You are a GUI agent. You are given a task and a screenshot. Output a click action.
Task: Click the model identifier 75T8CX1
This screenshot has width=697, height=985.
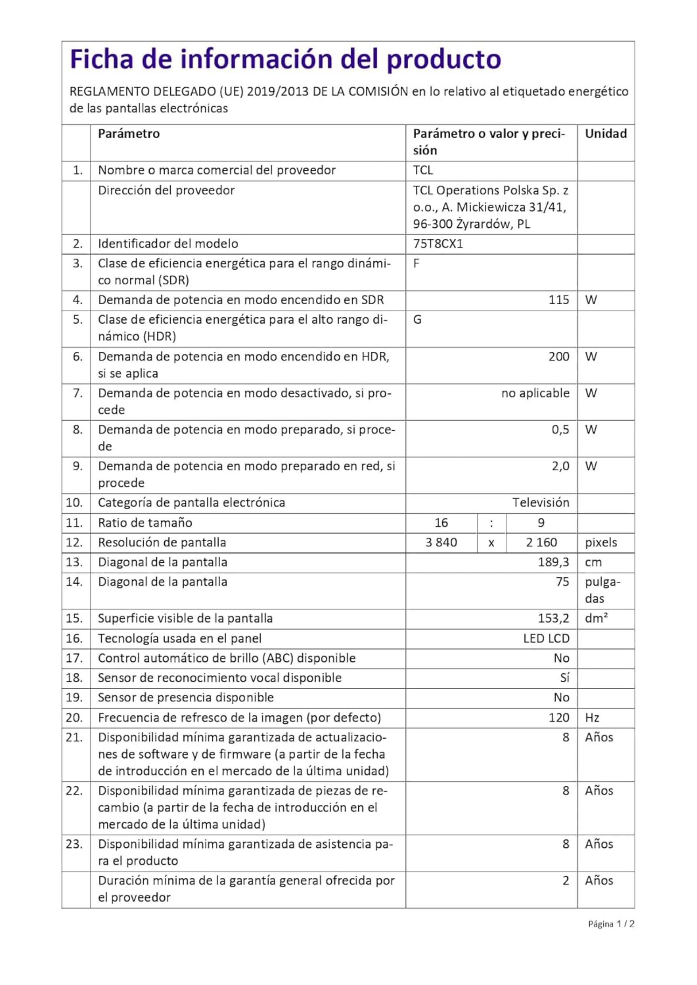438,244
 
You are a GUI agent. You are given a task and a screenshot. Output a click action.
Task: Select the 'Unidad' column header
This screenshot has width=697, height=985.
606,134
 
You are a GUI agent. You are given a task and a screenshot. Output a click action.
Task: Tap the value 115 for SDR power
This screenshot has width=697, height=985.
558,300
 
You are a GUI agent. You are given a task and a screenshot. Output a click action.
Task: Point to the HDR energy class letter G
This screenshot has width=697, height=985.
417,320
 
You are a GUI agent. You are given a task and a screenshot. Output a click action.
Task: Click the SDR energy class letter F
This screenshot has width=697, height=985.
416,263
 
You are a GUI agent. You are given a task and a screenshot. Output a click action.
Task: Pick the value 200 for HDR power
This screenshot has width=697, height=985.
558,356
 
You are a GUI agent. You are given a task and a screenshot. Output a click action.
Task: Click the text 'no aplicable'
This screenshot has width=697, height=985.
535,393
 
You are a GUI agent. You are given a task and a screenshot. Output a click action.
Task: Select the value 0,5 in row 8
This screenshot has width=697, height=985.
560,429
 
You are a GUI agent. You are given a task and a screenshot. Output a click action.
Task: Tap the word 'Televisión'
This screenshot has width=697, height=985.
541,502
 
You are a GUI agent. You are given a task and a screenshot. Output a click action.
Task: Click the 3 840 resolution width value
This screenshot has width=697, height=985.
441,542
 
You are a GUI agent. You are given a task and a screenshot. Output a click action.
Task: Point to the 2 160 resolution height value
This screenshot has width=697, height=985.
541,542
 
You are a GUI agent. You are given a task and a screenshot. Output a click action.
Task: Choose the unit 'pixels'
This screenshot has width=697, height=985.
601,542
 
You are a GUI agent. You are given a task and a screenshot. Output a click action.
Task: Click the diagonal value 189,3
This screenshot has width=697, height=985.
553,562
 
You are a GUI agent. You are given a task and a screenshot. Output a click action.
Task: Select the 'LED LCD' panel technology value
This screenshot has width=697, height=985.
546,638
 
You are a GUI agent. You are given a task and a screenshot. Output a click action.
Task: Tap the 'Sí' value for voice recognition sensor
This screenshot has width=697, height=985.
565,677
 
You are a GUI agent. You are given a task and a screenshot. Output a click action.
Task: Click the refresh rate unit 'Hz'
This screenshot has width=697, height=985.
592,717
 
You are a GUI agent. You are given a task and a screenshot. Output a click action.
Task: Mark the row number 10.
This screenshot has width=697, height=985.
74,502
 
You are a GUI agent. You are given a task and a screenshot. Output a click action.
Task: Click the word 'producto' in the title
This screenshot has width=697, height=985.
444,59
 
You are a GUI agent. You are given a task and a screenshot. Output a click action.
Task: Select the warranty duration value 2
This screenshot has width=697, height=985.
566,880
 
